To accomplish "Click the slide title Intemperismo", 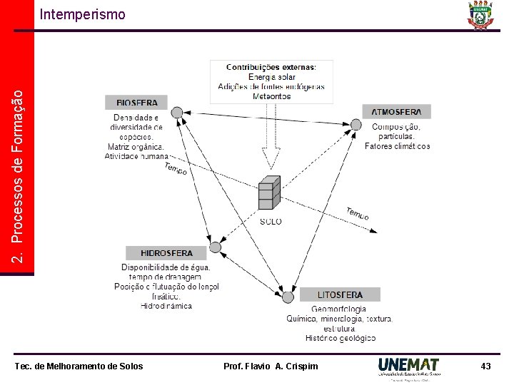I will (82, 14).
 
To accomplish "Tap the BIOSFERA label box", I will (136, 103).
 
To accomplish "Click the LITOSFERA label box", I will (341, 294).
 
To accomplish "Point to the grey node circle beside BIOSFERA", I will (177, 112).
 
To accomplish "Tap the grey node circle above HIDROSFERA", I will (211, 238).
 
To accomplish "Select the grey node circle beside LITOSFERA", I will (288, 297).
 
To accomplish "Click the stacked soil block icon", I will (269, 192).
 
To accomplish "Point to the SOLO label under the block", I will (271, 222).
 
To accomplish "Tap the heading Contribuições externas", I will (271, 67).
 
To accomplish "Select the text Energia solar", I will (271, 77).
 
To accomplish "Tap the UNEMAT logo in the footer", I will (409, 366).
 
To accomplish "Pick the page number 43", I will (485, 366).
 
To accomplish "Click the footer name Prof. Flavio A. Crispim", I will (271, 366).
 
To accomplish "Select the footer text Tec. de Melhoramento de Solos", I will (79, 366).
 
